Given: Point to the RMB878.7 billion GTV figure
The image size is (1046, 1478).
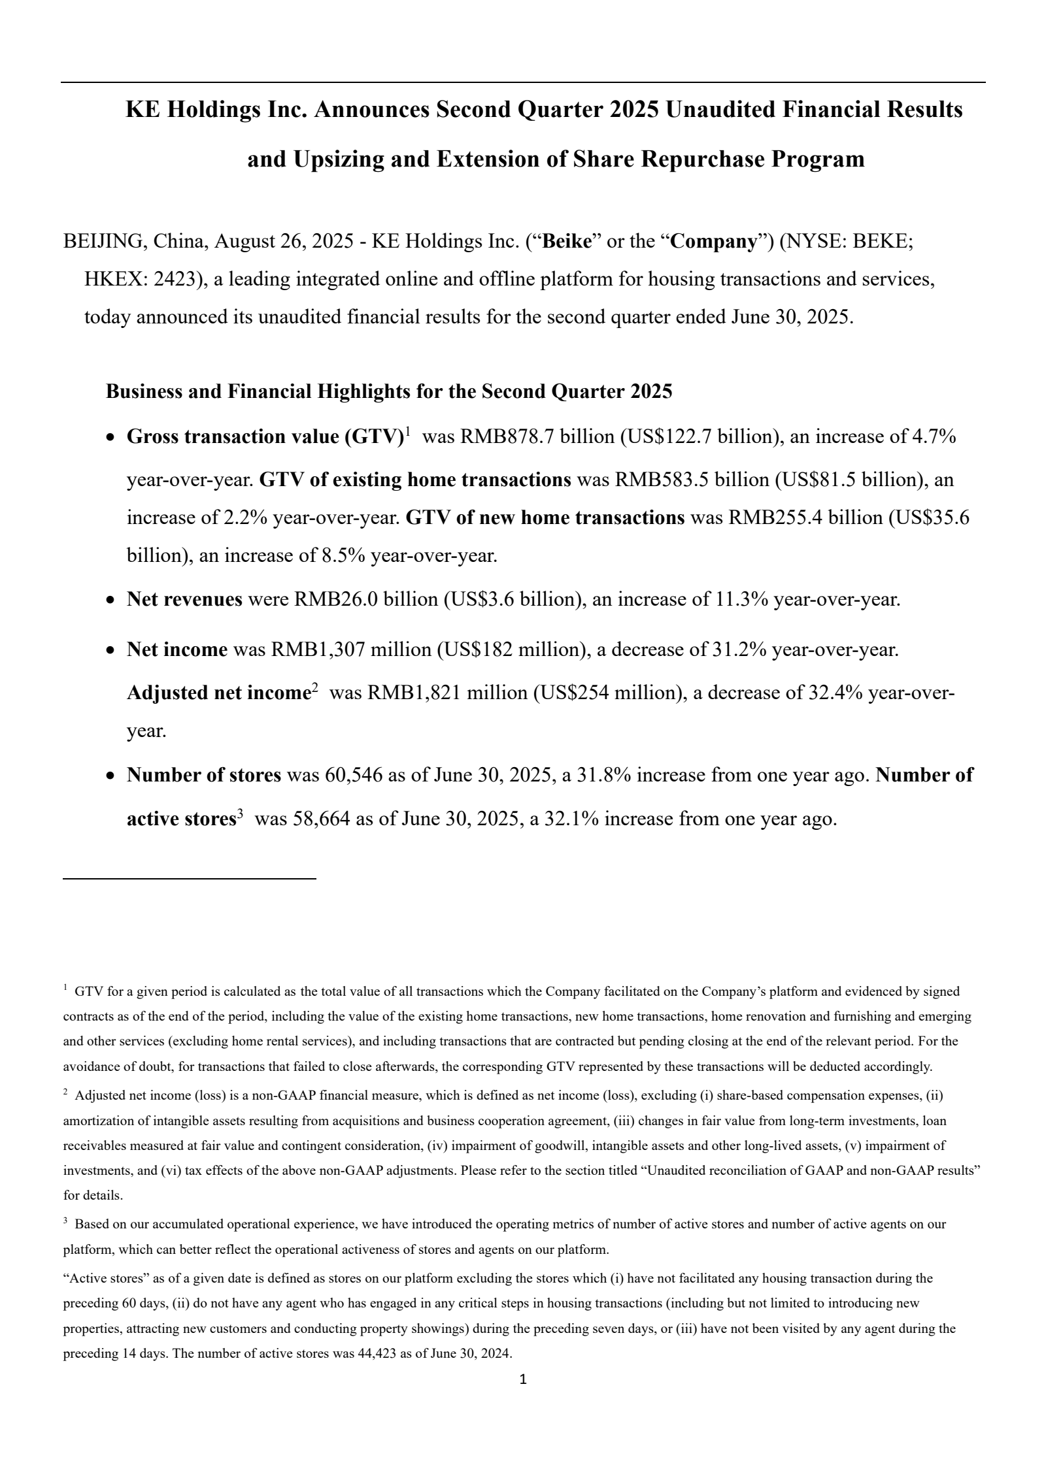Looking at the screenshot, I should pos(538,436).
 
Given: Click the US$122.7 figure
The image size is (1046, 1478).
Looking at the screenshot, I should pos(667,436).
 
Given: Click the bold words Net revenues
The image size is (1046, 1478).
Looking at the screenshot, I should pos(184,599).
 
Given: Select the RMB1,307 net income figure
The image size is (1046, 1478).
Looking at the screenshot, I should pos(318,649).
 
